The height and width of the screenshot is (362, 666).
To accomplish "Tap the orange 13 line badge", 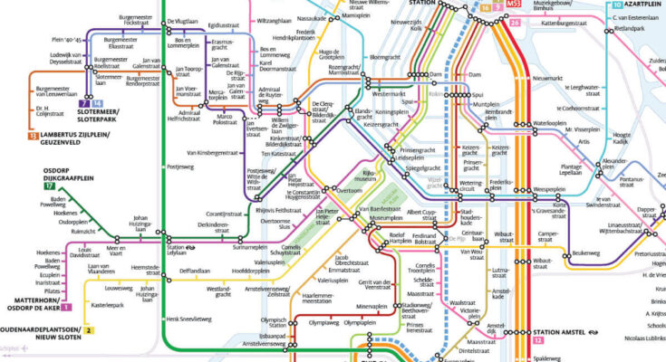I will (33, 136).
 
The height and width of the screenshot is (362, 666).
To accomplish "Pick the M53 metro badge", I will (515, 5).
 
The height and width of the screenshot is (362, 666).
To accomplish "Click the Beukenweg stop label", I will (586, 253).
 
